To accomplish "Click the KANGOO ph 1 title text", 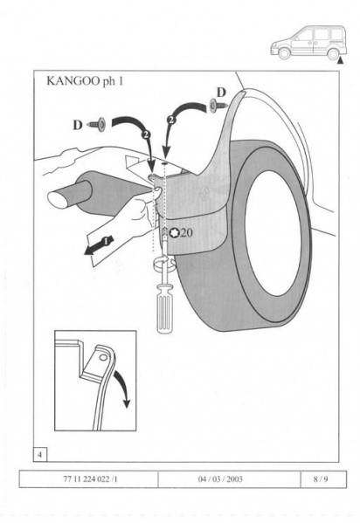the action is [x=85, y=81].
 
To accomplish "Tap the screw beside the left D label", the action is [x=96, y=124].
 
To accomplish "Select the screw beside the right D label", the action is [x=218, y=106].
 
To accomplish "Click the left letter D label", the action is [x=78, y=126].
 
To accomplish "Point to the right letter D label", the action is [x=221, y=93].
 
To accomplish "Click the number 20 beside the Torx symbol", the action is [x=186, y=232].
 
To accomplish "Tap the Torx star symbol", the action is [x=174, y=232].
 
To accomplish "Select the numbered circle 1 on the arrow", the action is [x=105, y=242].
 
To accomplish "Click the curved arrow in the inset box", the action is [x=122, y=389].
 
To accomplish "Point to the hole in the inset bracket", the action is [x=103, y=357].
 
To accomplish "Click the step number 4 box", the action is [x=40, y=455].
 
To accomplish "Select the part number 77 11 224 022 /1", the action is [x=90, y=479].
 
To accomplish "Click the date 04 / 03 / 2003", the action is [x=220, y=479].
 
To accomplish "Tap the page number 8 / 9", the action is [x=321, y=479].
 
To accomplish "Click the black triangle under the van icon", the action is [x=340, y=61].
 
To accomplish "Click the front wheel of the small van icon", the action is [x=284, y=53].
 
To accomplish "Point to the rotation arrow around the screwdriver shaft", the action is [x=164, y=263].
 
